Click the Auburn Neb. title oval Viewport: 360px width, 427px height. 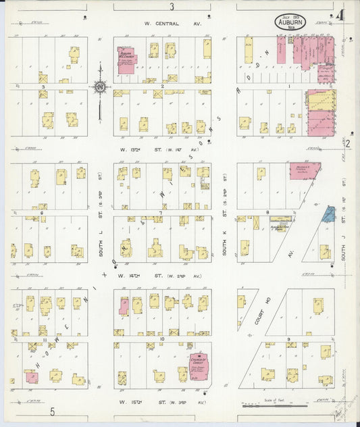291,22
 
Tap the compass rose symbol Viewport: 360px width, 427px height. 100,86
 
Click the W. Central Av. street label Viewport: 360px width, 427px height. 172,22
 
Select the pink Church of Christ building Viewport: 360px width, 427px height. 198,363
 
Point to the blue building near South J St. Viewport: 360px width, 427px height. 328,214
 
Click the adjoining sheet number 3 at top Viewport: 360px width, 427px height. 172,6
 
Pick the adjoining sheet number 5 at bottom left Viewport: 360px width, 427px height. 51,411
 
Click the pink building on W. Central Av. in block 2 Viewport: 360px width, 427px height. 126,61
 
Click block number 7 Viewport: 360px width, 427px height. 160,213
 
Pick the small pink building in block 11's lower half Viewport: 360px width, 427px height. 32,377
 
